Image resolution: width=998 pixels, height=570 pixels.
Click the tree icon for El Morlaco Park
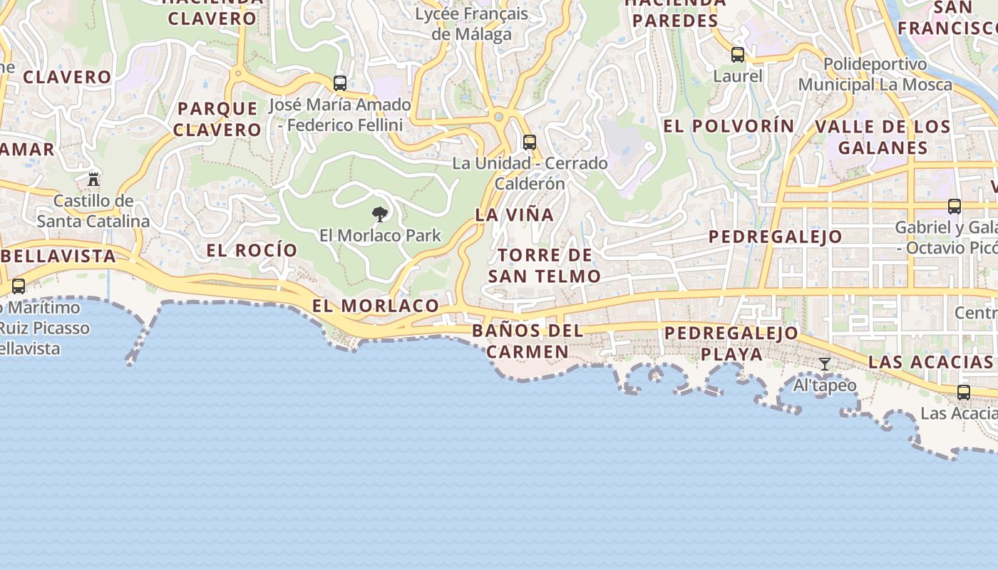tap(380, 214)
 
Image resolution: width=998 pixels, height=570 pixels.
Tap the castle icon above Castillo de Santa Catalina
tap(93, 178)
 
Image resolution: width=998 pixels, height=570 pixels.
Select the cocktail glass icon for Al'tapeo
tap(825, 364)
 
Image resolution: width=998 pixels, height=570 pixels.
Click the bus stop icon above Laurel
tap(738, 55)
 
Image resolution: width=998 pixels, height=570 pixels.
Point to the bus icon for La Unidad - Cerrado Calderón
tap(529, 142)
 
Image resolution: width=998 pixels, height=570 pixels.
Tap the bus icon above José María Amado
tap(340, 83)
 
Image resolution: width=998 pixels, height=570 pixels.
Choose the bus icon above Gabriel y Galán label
tap(955, 207)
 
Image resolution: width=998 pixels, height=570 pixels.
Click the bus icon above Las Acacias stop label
tap(964, 392)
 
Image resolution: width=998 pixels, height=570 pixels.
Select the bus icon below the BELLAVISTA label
tap(19, 286)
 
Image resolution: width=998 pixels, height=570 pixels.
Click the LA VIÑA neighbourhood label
tap(514, 214)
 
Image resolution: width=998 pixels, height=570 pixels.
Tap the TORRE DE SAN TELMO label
tap(545, 266)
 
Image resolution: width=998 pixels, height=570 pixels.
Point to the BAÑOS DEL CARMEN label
tap(528, 341)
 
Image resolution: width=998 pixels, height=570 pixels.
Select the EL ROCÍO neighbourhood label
tap(252, 250)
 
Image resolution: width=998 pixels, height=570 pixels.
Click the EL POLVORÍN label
tap(729, 126)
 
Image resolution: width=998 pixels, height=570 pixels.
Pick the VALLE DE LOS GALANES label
tap(883, 138)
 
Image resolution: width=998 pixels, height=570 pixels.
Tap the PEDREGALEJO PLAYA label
tap(731, 343)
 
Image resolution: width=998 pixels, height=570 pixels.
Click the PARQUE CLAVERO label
tap(217, 119)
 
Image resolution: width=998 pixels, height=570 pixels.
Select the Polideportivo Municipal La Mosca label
tap(875, 74)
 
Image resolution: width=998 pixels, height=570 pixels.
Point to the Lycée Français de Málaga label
tap(472, 24)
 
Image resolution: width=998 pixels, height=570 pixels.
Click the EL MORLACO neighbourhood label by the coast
tap(376, 306)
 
